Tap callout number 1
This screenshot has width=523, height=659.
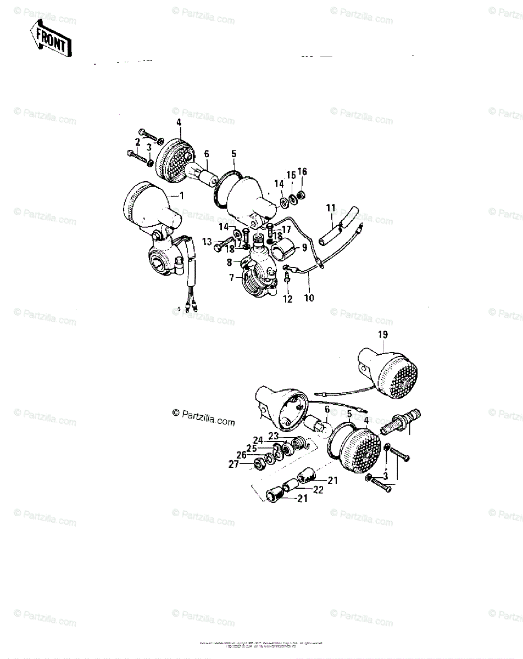[182, 195]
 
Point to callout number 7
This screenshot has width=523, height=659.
[232, 278]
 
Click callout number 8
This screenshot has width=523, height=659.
[231, 263]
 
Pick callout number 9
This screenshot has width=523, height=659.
[304, 248]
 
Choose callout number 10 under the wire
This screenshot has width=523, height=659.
[309, 298]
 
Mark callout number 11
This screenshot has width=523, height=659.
[330, 208]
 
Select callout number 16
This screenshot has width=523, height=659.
[302, 172]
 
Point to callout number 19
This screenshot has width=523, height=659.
[383, 334]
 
